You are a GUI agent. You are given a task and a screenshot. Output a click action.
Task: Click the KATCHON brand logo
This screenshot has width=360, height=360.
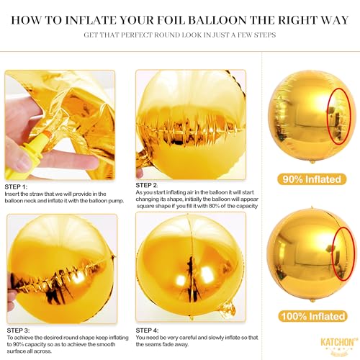322,343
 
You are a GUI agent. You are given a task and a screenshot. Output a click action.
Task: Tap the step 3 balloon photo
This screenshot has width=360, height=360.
61,266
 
